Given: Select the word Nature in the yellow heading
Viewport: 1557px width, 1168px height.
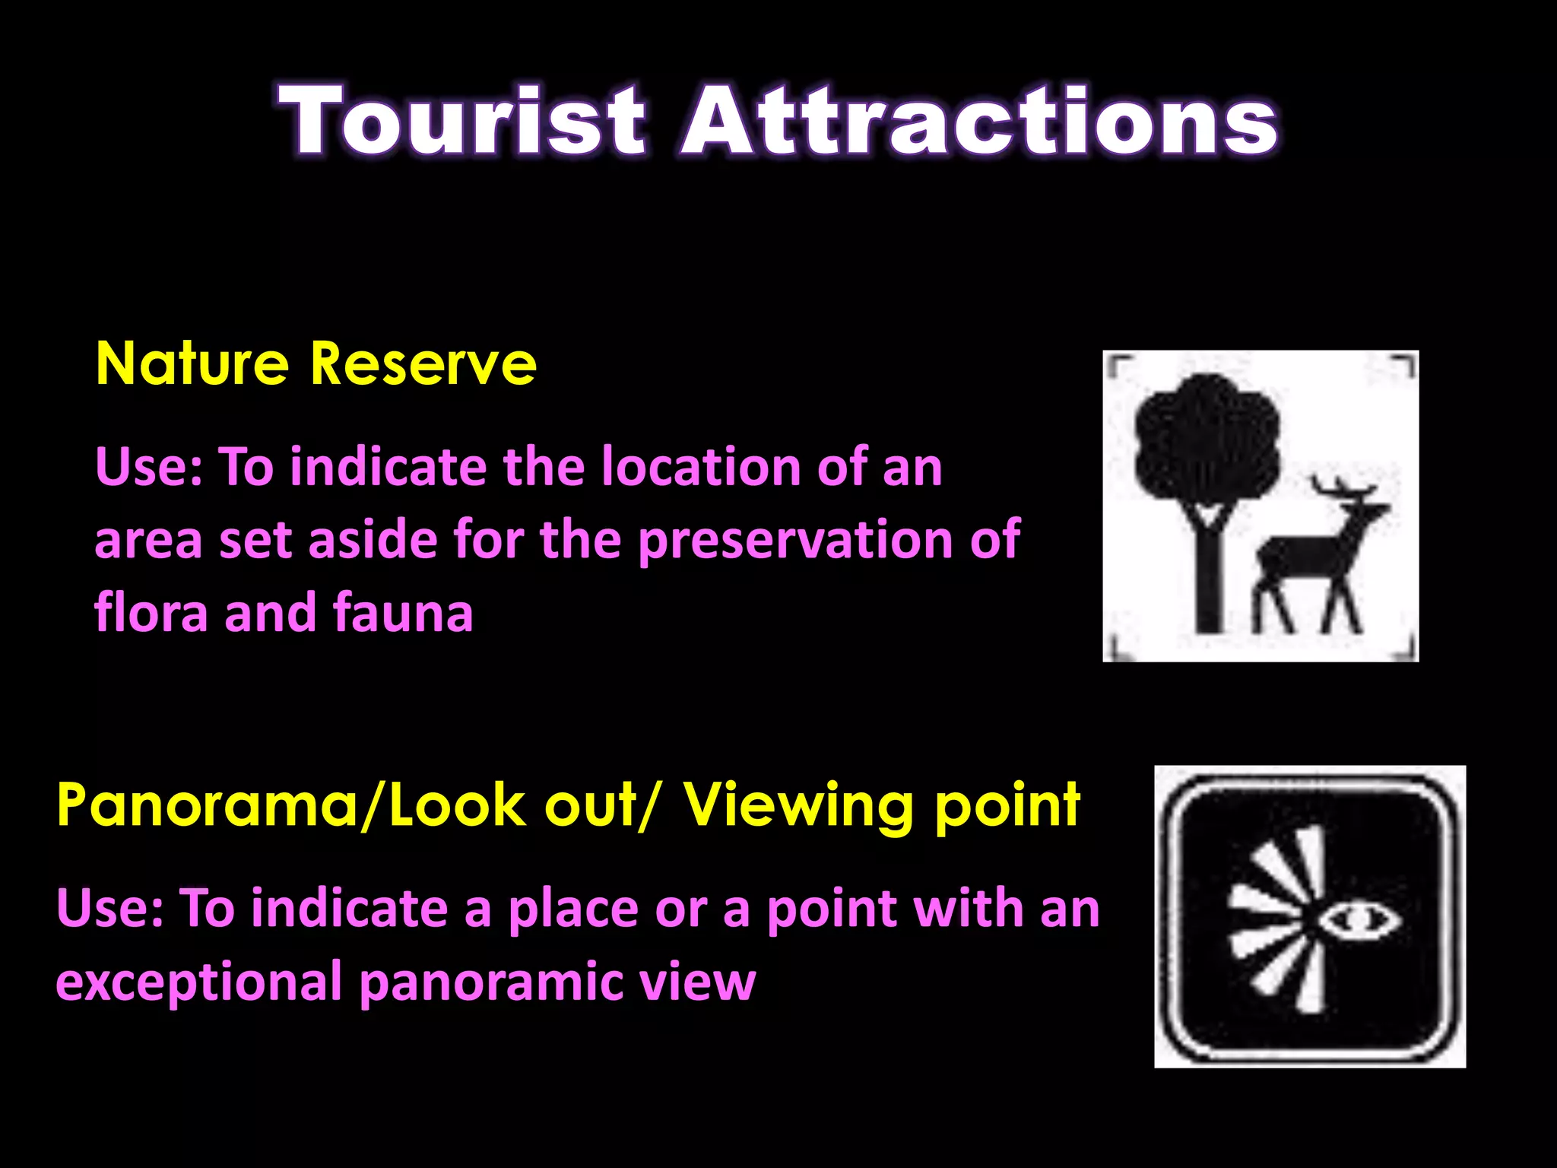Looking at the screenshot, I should (192, 364).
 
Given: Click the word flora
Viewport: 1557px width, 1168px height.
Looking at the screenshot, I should (151, 613).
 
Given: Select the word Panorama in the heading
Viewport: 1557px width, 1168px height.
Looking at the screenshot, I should (206, 805).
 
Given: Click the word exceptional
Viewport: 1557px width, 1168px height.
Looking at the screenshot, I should (199, 982).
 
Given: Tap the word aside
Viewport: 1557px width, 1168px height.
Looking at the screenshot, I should (373, 540).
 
